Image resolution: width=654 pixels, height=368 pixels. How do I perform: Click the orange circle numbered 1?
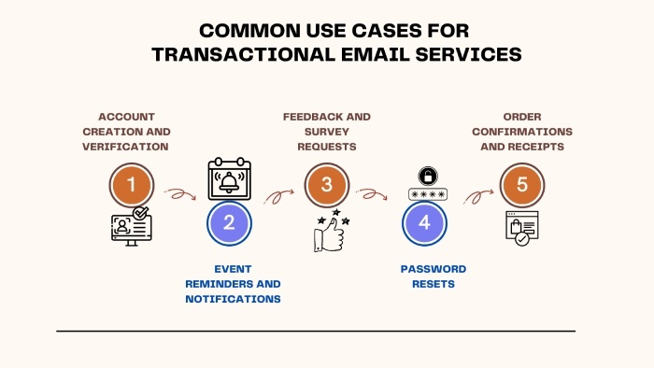pyautogui.click(x=132, y=185)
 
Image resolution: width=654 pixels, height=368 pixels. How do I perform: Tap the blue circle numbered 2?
pyautogui.click(x=229, y=223)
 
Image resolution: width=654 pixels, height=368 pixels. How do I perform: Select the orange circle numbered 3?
pyautogui.click(x=326, y=185)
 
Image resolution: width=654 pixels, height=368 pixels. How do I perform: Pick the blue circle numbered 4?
pyautogui.click(x=424, y=223)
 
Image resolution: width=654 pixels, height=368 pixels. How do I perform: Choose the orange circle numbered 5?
pyautogui.click(x=522, y=185)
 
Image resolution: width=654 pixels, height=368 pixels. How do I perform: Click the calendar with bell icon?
pyautogui.click(x=228, y=177)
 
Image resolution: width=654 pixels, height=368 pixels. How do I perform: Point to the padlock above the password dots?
pyautogui.click(x=425, y=176)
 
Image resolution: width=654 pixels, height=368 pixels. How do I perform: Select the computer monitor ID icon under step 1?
pyautogui.click(x=131, y=228)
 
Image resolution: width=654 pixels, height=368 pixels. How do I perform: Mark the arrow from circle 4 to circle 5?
pyautogui.click(x=477, y=195)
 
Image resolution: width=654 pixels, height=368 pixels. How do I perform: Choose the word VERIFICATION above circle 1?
pyautogui.click(x=126, y=147)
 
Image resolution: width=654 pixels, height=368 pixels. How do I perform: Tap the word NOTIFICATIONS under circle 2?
pyautogui.click(x=234, y=299)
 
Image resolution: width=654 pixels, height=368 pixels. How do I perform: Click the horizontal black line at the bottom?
pyautogui.click(x=316, y=331)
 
